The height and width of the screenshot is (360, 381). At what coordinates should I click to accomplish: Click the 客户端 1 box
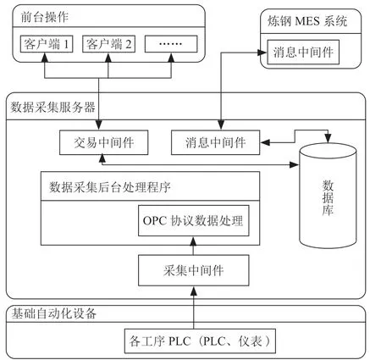[47, 44]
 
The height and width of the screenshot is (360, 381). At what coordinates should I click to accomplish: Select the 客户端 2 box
[108, 44]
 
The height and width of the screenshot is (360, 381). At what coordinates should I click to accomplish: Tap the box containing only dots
[171, 44]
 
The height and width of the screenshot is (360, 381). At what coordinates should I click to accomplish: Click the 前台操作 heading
[45, 17]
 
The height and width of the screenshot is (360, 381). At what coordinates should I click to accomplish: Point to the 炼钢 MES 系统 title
[307, 21]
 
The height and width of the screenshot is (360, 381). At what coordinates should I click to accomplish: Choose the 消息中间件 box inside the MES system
[303, 53]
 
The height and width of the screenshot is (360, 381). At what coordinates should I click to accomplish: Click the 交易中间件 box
[104, 142]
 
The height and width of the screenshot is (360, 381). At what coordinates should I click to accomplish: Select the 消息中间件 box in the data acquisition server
[216, 142]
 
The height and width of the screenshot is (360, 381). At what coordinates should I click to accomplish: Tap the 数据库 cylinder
[328, 196]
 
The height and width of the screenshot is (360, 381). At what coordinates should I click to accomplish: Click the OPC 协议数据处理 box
[194, 220]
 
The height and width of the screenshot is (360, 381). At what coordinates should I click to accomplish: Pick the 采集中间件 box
[194, 270]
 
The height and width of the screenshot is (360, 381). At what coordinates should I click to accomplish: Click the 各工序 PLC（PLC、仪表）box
[200, 341]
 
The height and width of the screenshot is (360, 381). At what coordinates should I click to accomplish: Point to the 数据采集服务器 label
[52, 108]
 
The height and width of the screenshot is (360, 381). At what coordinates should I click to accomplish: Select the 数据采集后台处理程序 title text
[110, 187]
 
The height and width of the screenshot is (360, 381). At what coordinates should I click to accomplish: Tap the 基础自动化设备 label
[53, 313]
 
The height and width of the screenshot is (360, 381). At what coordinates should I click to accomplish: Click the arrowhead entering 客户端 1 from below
[45, 57]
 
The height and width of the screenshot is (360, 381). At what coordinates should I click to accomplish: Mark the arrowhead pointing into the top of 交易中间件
[99, 125]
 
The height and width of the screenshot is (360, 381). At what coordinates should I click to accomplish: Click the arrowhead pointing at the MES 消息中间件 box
[262, 53]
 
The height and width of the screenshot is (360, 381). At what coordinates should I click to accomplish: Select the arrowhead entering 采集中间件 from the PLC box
[194, 291]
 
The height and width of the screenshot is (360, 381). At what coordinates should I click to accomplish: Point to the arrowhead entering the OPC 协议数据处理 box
[194, 241]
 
